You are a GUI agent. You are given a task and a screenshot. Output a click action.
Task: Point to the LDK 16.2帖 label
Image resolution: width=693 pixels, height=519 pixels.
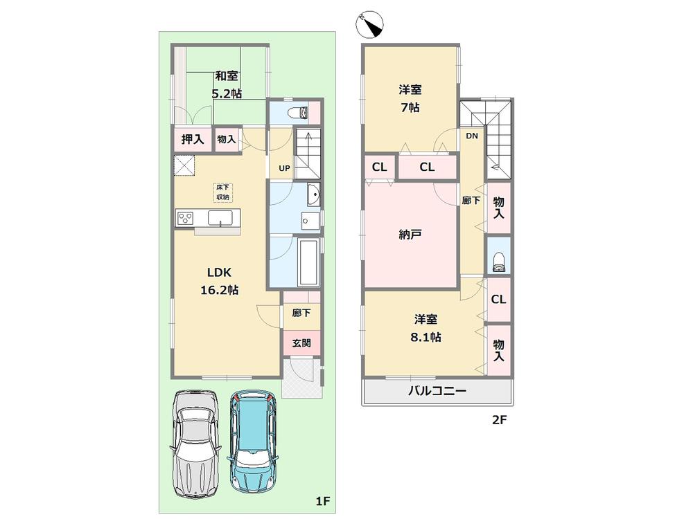pyautogui.click(x=220, y=281)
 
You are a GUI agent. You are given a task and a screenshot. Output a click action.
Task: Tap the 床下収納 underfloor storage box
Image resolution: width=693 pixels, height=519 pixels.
pyautogui.click(x=222, y=192)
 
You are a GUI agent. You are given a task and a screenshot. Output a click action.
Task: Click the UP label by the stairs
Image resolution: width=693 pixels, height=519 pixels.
pyautogui.click(x=284, y=168)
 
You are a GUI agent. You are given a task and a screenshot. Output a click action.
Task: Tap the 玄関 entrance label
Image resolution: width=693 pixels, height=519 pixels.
pyautogui.click(x=301, y=343)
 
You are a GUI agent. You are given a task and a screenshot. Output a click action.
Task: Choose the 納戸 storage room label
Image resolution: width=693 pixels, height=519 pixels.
pyautogui.click(x=410, y=235)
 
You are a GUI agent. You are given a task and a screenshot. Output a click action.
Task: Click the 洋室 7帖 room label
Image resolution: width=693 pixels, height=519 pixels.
pyautogui.click(x=410, y=98)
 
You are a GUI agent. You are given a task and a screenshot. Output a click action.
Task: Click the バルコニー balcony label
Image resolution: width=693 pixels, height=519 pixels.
pyautogui.click(x=436, y=392)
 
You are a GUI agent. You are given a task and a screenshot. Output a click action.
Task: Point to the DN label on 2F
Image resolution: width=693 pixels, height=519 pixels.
pyautogui.click(x=472, y=136)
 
